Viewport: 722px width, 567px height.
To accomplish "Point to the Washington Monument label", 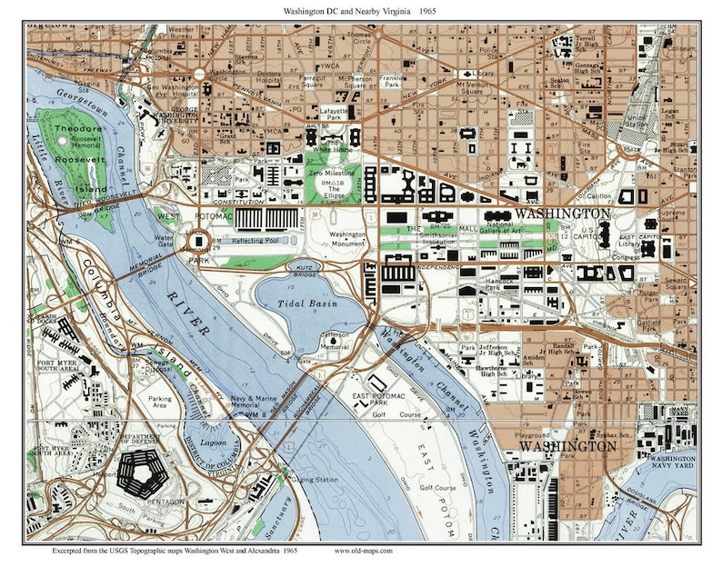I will (347, 239).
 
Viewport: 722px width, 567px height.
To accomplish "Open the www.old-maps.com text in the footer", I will (366, 551).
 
